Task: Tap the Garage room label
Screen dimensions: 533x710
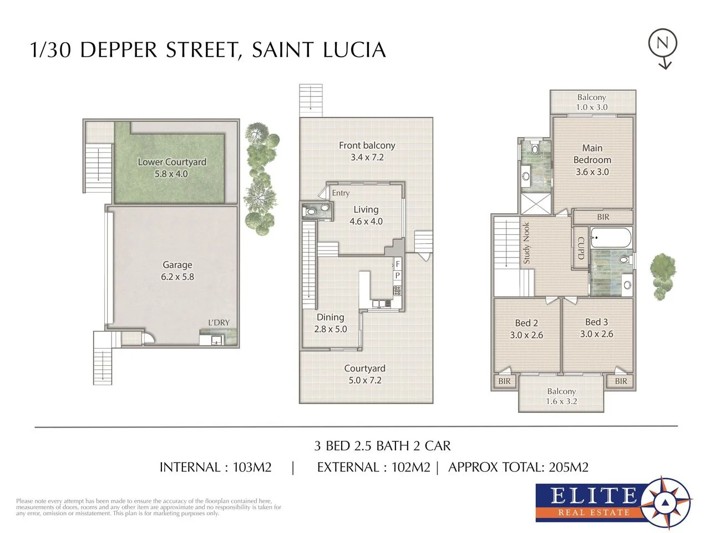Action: point(177,271)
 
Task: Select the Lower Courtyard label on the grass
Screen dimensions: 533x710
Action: point(171,168)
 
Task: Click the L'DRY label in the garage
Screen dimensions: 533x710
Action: point(219,323)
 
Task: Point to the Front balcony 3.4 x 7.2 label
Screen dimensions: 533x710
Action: point(367,151)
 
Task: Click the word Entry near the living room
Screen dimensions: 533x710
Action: point(341,193)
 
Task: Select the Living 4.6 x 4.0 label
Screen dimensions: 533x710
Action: point(366,215)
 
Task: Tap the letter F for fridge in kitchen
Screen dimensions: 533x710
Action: point(397,265)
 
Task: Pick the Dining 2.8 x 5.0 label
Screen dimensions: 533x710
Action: point(330,323)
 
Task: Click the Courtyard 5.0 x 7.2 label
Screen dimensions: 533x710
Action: point(364,374)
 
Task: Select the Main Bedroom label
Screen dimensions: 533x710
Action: point(592,160)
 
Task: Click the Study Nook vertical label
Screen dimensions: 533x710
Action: point(526,243)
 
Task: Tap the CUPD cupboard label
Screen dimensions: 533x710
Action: point(581,248)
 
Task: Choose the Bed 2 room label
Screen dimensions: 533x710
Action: point(526,329)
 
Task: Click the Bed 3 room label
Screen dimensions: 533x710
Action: point(596,328)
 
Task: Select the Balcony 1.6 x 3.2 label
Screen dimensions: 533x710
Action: point(561,396)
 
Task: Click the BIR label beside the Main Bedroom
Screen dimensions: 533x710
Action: point(603,217)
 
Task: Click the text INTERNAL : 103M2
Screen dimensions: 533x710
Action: point(215,467)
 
